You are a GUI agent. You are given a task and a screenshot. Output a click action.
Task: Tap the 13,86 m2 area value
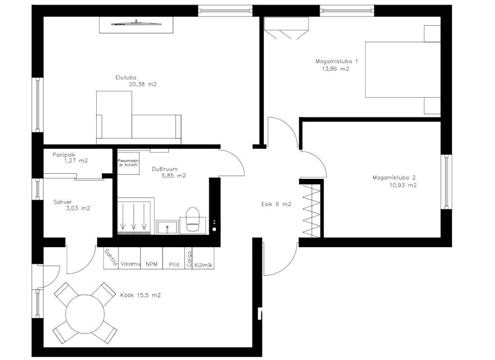[335, 69]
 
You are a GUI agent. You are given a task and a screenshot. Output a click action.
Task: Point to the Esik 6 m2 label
[276, 204]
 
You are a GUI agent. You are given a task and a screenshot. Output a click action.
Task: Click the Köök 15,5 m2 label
[140, 295]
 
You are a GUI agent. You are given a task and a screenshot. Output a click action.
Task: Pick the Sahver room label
[63, 202]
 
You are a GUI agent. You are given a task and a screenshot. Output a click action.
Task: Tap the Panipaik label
[64, 155]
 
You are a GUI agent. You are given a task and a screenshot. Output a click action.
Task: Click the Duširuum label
[164, 169]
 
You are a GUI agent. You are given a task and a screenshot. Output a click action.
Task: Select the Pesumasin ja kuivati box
[128, 162]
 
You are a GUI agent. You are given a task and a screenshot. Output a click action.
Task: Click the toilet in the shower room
[193, 220]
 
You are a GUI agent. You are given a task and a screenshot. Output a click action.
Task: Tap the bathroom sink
[167, 227]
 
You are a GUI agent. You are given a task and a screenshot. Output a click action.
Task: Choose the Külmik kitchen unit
[203, 258]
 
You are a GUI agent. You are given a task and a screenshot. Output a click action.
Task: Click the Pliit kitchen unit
[173, 258]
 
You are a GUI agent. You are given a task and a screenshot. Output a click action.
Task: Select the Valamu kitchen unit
[130, 258]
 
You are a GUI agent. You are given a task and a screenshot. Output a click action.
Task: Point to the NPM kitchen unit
[152, 258]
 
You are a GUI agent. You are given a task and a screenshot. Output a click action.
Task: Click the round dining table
[85, 314]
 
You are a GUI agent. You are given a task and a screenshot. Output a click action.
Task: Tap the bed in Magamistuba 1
[403, 69]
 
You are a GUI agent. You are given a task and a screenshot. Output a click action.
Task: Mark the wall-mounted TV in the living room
[136, 23]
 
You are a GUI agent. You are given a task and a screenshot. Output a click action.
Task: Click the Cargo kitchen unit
[189, 258]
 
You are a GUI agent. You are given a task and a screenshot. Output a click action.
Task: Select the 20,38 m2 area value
[143, 84]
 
